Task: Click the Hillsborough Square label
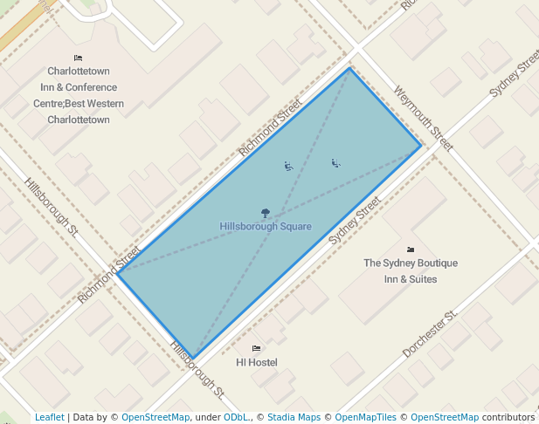(x=266, y=227)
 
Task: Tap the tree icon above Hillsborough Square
(x=265, y=212)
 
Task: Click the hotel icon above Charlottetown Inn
(x=78, y=58)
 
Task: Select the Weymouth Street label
(x=424, y=119)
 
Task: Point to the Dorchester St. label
(x=430, y=333)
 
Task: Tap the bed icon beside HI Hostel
(x=256, y=348)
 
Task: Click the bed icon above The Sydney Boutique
(x=411, y=250)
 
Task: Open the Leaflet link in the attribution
(x=49, y=417)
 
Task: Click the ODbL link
(x=236, y=417)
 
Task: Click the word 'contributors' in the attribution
(x=508, y=417)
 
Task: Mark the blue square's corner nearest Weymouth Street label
(x=421, y=145)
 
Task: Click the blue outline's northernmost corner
(x=350, y=68)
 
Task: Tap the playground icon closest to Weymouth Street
(x=335, y=162)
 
